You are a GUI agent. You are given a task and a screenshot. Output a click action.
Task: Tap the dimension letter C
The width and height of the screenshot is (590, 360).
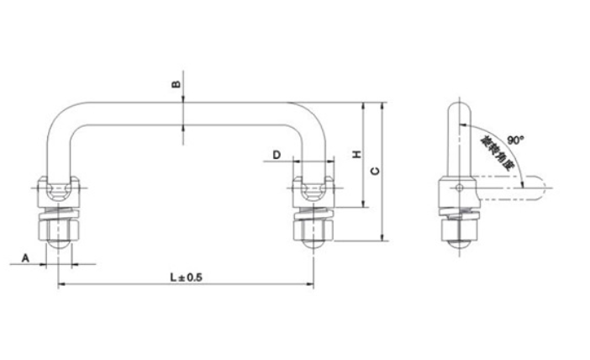[x=375, y=172]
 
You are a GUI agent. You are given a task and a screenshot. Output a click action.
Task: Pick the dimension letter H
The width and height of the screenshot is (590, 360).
[x=356, y=156]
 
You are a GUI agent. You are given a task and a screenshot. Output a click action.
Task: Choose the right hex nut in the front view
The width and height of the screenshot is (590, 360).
[x=315, y=226]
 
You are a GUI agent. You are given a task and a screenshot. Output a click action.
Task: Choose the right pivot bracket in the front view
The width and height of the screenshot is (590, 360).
[x=315, y=192]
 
